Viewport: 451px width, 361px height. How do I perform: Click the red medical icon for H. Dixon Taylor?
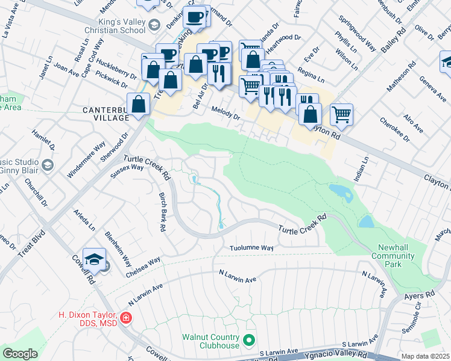coord(126,317)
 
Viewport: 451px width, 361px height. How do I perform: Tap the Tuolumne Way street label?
coord(251,248)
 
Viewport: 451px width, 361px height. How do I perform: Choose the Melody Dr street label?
coord(226,113)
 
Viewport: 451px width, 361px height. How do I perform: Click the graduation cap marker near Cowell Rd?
coord(94,259)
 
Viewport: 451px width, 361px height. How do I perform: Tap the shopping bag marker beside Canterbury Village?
coord(139,104)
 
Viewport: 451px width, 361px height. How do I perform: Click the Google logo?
coord(20,354)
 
